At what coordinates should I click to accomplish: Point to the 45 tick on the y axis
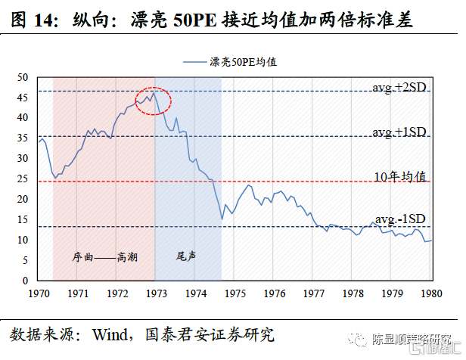click(x=22, y=98)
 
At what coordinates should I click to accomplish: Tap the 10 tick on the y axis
click(x=22, y=240)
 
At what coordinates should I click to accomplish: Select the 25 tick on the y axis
click(x=22, y=179)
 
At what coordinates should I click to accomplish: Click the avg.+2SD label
click(x=399, y=88)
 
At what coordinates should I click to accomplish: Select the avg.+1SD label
click(x=399, y=132)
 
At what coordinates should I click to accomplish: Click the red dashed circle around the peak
click(x=154, y=101)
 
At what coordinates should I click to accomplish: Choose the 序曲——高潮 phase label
click(x=105, y=256)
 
